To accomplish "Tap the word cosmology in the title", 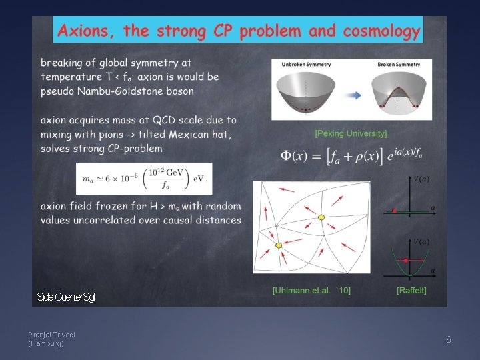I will point(381,31).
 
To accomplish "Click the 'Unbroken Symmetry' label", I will point(305,65).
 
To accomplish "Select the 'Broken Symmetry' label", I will point(398,65).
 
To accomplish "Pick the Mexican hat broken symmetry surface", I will point(398,93).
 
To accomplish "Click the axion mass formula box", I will point(144,179).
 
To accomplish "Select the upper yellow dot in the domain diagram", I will point(321,217).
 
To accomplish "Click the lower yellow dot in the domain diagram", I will point(279,246).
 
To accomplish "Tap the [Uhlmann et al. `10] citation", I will point(311,290).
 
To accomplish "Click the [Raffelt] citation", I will point(411,290).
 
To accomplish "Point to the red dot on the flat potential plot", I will point(395,211).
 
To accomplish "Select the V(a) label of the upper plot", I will point(421,180).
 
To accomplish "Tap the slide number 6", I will point(448,339).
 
